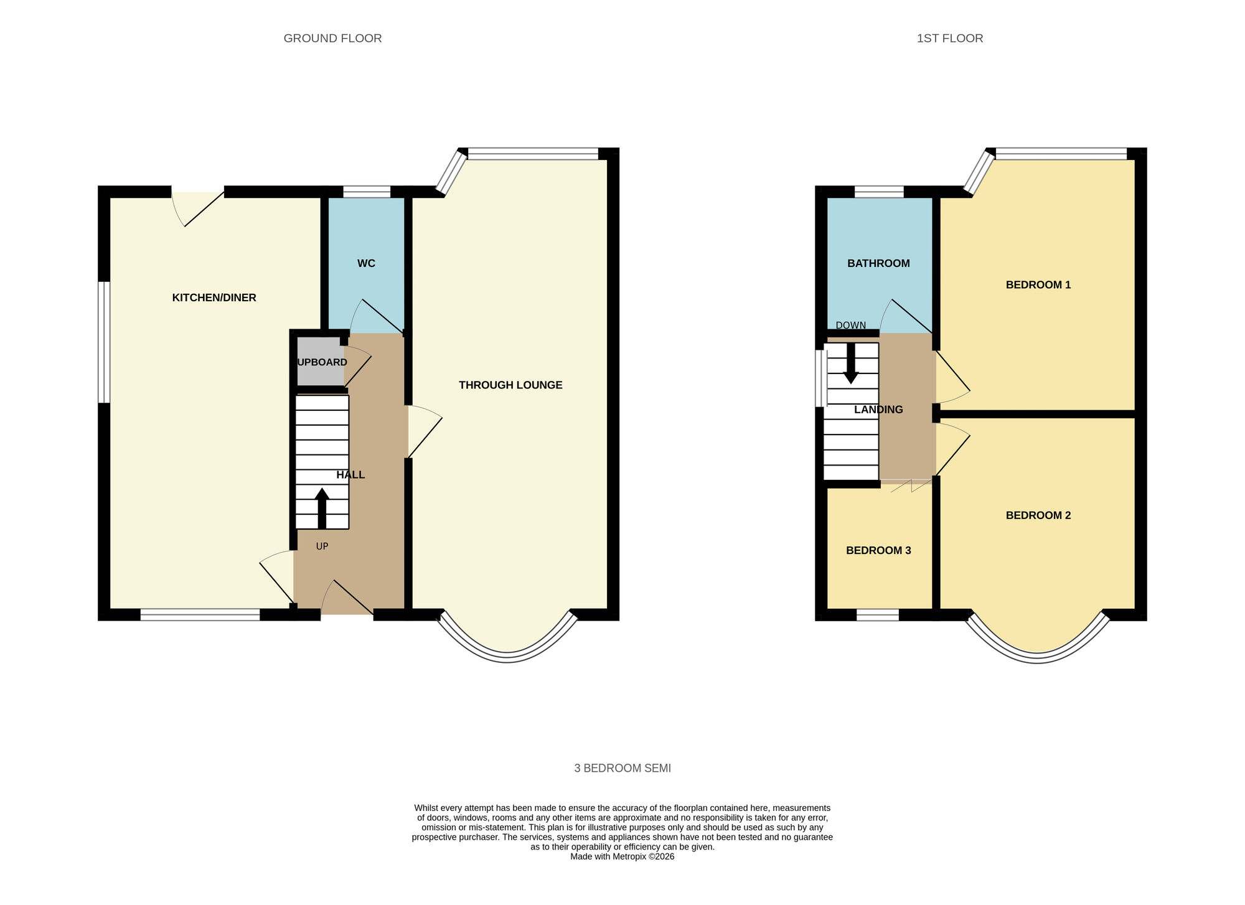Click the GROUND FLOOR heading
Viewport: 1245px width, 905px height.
coord(332,38)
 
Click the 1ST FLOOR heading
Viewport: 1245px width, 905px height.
coord(949,38)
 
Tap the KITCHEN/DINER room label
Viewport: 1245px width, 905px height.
coord(214,298)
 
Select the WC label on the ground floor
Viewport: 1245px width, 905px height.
coord(366,263)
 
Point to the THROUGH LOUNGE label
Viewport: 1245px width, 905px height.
coord(510,385)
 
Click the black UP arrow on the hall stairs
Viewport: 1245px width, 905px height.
coord(322,508)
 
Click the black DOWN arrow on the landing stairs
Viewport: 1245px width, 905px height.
coord(850,363)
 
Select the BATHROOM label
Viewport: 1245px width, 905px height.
coord(878,263)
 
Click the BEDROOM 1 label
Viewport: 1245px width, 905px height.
coord(1038,285)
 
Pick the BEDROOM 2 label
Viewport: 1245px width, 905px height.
coord(1038,515)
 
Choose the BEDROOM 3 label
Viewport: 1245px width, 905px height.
coord(878,550)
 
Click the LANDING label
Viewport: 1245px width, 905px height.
coord(878,410)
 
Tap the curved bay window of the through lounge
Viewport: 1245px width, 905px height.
coord(508,657)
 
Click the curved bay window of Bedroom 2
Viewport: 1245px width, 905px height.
coord(1037,657)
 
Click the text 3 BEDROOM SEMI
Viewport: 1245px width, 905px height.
coord(622,768)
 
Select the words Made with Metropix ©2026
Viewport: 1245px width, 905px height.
coord(622,856)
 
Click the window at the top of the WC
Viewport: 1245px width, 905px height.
coord(367,192)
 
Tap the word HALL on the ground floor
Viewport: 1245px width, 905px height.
coord(350,475)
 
